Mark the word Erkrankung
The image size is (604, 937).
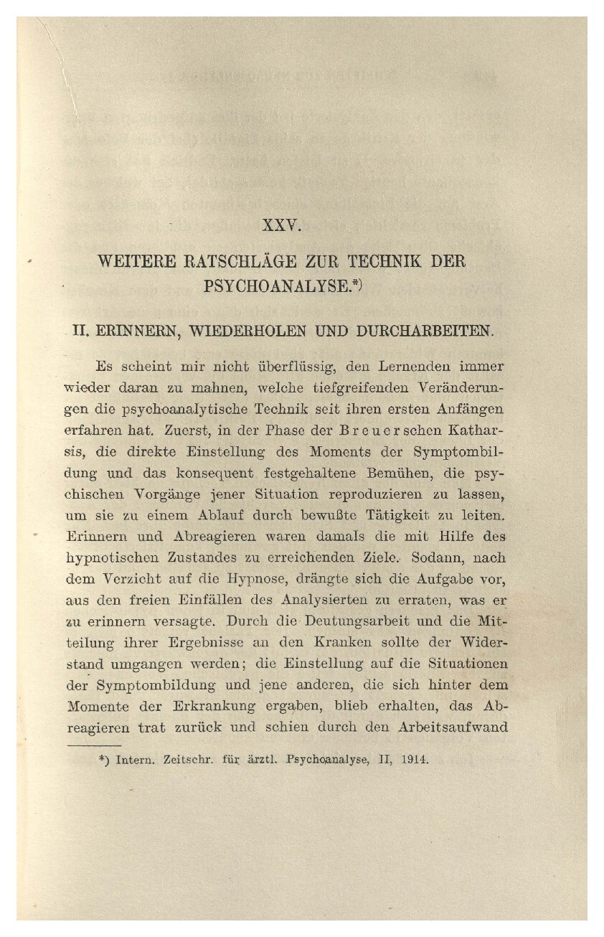click(x=220, y=706)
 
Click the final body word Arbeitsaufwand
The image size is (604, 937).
click(x=453, y=728)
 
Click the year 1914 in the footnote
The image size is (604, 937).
click(x=415, y=759)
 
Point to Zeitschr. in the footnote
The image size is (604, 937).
click(x=190, y=759)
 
